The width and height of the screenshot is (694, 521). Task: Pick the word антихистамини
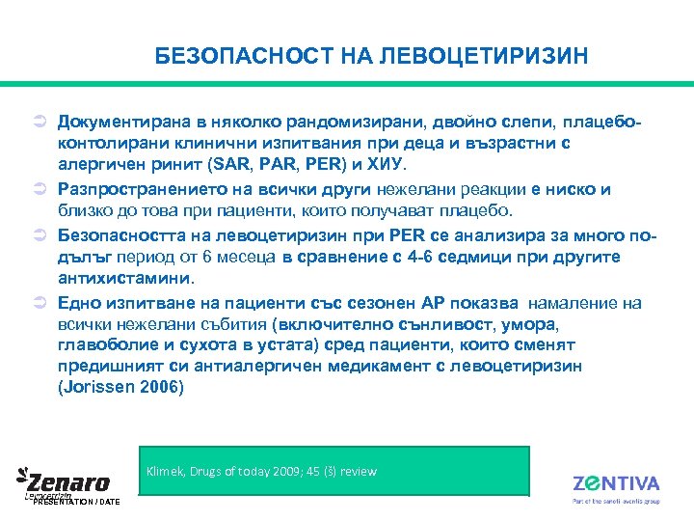pos(123,279)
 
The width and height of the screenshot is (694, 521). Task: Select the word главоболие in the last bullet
pos(99,345)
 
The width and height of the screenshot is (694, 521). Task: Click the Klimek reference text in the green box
pos(261,472)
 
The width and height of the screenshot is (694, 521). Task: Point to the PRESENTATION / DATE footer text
pos(74,502)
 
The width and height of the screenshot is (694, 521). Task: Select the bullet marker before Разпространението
pos(31,190)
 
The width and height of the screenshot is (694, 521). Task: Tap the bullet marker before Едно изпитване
pos(31,303)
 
